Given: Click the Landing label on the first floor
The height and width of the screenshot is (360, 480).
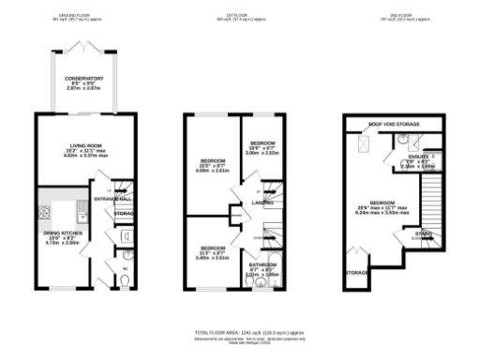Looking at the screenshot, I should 262,202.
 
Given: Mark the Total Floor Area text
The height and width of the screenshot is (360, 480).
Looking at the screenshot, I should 239,334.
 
